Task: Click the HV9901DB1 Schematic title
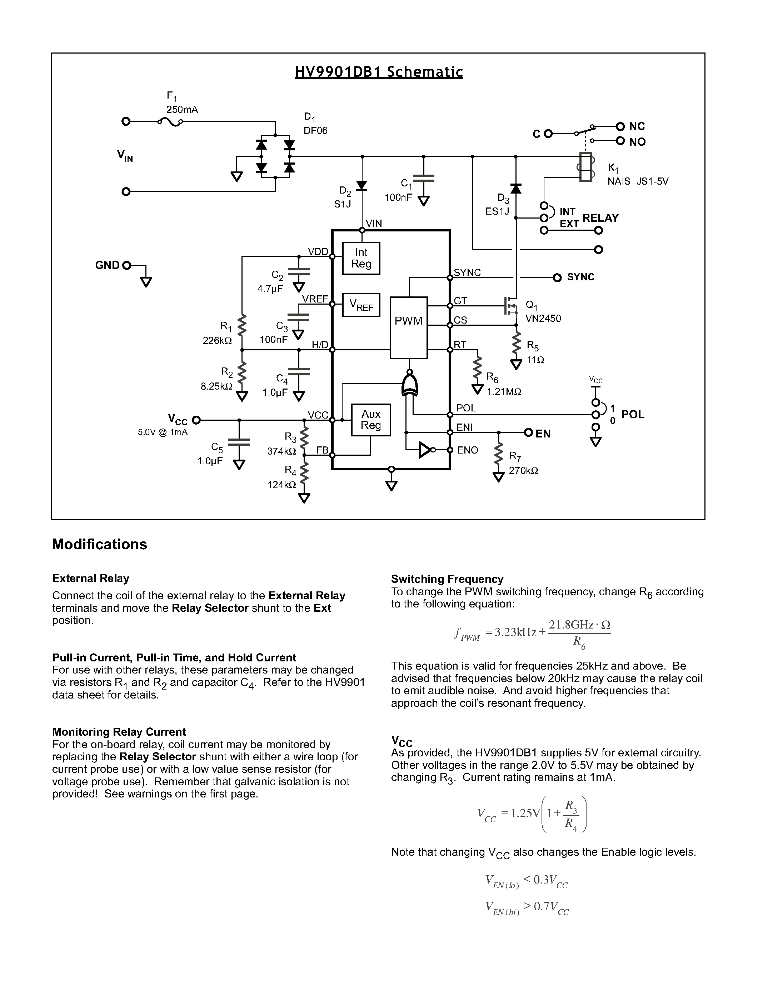pos(378,72)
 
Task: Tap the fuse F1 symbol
pos(170,122)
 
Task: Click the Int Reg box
pos(361,258)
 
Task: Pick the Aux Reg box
pos(371,420)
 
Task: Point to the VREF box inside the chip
pos(361,305)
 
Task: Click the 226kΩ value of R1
pos(217,340)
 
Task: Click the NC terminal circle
pos(620,127)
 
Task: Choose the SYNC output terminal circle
pos(557,277)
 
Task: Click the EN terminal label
pos(543,434)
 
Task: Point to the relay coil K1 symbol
pos(585,167)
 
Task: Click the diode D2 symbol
pos(362,185)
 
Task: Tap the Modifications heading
pos(99,544)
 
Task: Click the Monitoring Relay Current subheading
pos(119,732)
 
